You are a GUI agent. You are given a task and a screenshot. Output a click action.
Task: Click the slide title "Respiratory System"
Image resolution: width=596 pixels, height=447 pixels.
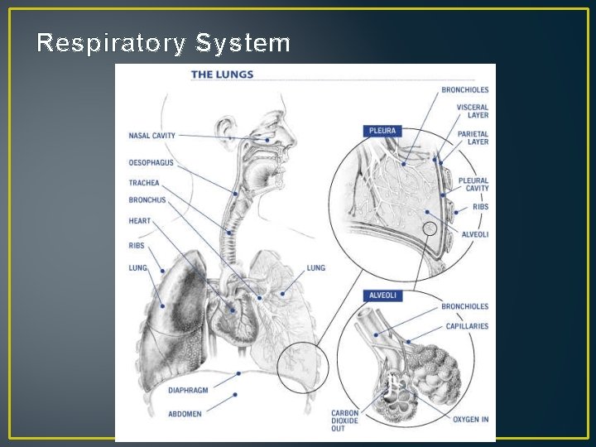(x=164, y=43)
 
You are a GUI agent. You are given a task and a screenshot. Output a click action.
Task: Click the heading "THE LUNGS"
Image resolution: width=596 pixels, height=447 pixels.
(x=222, y=74)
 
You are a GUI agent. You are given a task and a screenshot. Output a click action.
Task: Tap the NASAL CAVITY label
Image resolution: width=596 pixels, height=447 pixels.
(x=151, y=136)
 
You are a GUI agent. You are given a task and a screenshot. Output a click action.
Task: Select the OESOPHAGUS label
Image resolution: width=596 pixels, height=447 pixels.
(x=151, y=163)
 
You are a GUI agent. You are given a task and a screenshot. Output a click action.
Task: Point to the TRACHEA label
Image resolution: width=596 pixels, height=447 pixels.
(x=144, y=183)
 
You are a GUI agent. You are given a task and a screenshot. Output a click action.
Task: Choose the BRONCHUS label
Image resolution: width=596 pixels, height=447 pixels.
(x=147, y=200)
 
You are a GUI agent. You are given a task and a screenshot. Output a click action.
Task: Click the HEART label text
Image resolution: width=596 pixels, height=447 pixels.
(x=139, y=221)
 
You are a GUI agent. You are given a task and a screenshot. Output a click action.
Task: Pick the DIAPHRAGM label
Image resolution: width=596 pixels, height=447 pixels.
(x=188, y=390)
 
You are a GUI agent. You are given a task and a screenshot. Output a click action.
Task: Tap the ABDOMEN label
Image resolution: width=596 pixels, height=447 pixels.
(x=185, y=414)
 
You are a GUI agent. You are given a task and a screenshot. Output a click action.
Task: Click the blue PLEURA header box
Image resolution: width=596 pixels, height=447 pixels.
(x=382, y=131)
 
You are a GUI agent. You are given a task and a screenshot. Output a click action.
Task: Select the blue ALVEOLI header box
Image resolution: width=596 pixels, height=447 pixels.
(x=382, y=296)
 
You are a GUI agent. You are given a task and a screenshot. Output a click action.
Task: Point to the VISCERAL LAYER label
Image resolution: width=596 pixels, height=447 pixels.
(x=472, y=111)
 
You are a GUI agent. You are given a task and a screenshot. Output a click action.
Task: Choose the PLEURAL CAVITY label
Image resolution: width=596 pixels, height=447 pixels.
(x=473, y=185)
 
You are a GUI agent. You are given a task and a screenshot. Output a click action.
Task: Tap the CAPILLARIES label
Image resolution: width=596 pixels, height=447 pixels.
(x=467, y=326)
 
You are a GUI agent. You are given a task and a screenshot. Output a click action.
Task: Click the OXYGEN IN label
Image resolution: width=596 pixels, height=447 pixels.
(x=470, y=419)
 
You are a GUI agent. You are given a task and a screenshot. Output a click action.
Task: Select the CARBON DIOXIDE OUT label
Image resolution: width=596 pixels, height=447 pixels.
(x=344, y=420)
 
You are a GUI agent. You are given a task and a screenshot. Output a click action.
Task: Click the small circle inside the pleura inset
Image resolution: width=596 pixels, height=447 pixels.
(x=429, y=228)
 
